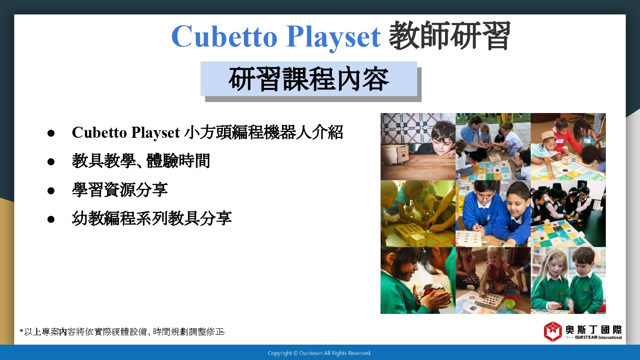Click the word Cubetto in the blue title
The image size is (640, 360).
[x=224, y=37]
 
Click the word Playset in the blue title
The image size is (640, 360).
[x=333, y=38]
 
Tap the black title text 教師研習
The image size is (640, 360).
[x=449, y=35]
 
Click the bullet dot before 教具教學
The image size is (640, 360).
[x=51, y=162]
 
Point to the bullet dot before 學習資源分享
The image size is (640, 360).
[x=51, y=191]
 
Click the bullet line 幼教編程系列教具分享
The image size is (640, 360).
[x=151, y=218]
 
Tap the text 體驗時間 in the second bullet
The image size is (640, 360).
[x=178, y=161]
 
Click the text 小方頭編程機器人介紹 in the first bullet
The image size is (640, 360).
[x=264, y=132]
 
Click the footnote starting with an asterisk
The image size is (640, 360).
[x=122, y=332]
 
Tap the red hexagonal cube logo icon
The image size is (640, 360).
[x=553, y=331]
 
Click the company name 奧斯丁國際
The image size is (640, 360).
[x=594, y=330]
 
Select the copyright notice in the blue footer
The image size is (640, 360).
[x=320, y=353]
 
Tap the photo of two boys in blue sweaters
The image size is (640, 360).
[x=493, y=213]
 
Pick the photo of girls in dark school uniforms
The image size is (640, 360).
[x=568, y=213]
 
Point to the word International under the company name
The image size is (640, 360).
[x=610, y=337]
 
